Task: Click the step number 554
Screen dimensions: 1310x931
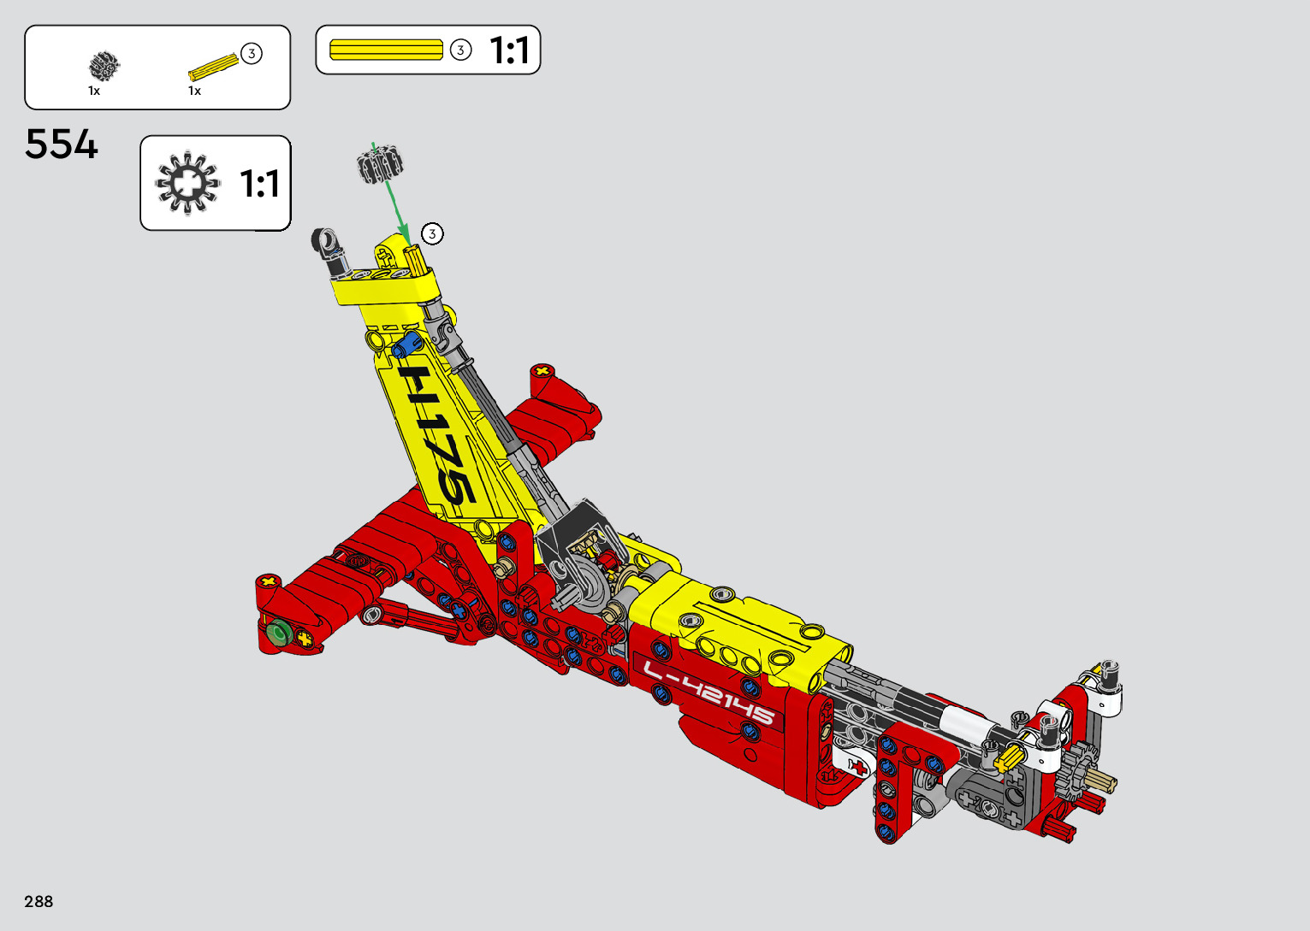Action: (x=62, y=144)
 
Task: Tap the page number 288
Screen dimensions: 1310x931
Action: (x=39, y=901)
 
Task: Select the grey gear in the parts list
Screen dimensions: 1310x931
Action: (x=104, y=66)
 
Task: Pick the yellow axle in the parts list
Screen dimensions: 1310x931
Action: (x=213, y=67)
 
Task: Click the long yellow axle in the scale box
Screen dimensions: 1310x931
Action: (x=386, y=50)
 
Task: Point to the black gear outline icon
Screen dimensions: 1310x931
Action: (x=187, y=183)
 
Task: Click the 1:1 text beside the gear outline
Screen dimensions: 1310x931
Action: (x=259, y=184)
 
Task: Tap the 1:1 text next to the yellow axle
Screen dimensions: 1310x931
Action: (x=509, y=50)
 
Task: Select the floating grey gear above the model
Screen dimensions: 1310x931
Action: (x=381, y=165)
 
